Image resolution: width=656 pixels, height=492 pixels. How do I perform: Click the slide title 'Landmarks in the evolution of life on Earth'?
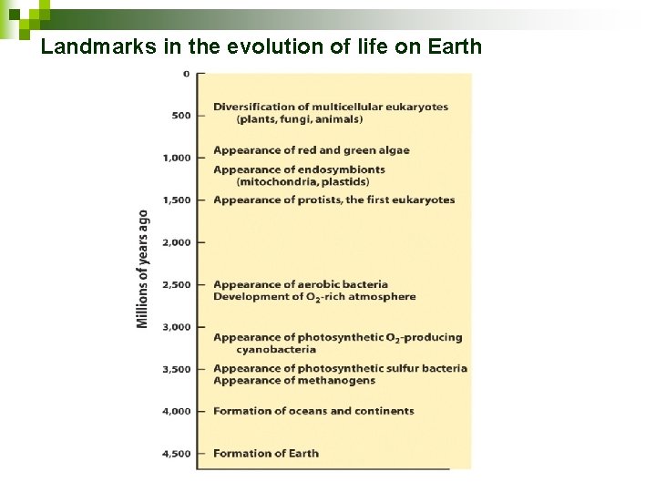[261, 46]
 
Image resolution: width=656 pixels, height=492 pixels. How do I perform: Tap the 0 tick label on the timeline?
[187, 74]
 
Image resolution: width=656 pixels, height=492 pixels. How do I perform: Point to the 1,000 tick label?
[177, 158]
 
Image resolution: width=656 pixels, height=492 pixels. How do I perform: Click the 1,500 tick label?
[177, 200]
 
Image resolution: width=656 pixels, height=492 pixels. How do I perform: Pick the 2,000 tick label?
[177, 242]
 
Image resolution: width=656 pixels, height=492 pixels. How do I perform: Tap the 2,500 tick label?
[177, 284]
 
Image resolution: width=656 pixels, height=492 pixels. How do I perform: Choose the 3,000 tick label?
[177, 326]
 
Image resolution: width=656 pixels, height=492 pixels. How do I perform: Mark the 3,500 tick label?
[177, 369]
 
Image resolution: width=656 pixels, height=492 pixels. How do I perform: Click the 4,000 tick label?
[177, 411]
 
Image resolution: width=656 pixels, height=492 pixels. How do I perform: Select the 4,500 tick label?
[177, 453]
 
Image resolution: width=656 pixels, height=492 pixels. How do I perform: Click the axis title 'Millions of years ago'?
[143, 270]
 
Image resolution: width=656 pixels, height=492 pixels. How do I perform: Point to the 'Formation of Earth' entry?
[266, 453]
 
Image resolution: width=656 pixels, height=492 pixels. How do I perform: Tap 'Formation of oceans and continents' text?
[313, 411]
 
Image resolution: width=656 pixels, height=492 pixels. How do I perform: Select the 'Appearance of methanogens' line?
[293, 381]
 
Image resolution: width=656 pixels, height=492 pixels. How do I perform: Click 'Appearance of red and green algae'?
[312, 150]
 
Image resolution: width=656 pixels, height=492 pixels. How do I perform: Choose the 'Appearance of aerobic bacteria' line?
[301, 284]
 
